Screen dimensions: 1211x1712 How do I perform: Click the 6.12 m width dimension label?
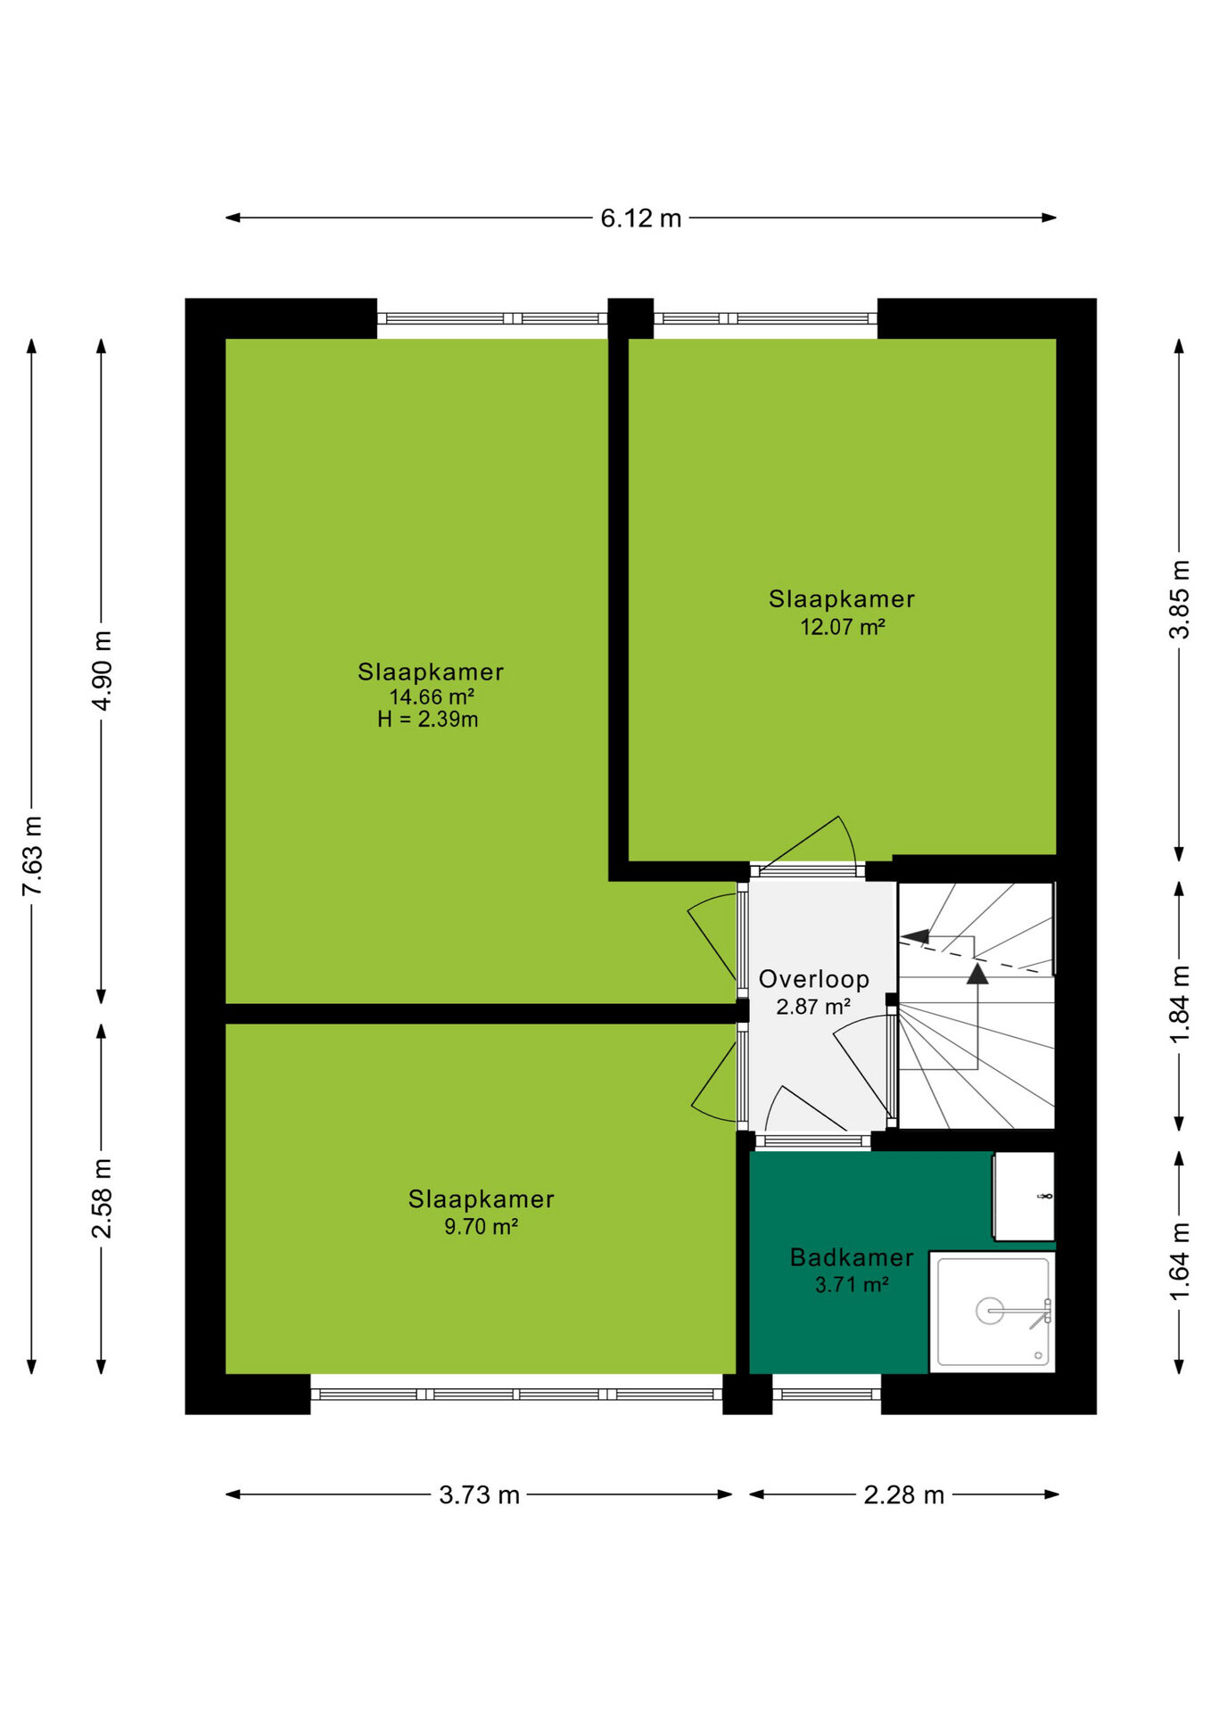click(640, 218)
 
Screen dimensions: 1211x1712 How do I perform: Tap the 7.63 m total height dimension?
click(32, 855)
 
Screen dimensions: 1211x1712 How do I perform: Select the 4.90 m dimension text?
click(103, 671)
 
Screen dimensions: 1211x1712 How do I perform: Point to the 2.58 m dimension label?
click(103, 1198)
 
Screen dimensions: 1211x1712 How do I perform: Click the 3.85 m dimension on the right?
click(1180, 599)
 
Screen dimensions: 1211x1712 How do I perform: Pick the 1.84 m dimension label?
click(1180, 1004)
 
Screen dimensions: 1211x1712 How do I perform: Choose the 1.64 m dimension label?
click(1180, 1261)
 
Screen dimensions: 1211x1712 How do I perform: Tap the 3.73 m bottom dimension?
click(479, 1495)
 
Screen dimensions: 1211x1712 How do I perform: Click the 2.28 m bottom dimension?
click(903, 1495)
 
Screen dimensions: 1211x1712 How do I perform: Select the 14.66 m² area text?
click(432, 697)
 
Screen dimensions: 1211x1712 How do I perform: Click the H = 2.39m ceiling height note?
click(428, 720)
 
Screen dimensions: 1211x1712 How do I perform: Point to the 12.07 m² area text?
click(843, 627)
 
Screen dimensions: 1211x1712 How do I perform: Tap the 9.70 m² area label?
click(482, 1227)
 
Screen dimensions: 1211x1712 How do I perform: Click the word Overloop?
click(814, 979)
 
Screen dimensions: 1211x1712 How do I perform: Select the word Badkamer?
click(852, 1257)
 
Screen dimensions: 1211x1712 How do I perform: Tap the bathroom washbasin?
click(1025, 1196)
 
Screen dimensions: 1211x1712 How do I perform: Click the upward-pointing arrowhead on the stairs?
click(977, 974)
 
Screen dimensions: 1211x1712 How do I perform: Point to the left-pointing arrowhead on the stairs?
click(916, 936)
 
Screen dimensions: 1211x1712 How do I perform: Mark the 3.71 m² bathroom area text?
click(852, 1285)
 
